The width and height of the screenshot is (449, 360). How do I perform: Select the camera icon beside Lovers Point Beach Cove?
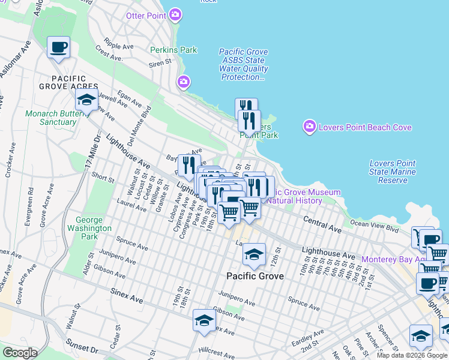pos(310,127)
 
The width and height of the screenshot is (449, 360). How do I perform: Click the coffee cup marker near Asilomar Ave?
pos(58,47)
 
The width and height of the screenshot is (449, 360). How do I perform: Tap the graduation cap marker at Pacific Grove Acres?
pos(86,100)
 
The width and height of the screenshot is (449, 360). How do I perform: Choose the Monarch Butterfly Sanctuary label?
pos(51,118)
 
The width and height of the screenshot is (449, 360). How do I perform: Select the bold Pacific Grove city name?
pos(254,276)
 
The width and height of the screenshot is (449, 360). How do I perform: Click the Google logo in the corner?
pos(20,353)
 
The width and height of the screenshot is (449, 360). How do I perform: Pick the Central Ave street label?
pos(322,224)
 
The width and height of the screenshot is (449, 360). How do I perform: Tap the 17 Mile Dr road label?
pos(90,153)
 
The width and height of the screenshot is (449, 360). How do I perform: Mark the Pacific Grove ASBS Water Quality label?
pos(243,65)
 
